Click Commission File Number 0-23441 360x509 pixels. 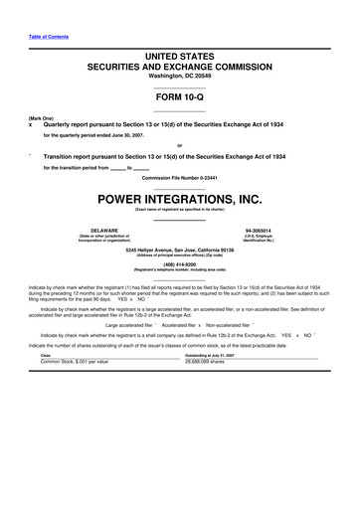point(179,178)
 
